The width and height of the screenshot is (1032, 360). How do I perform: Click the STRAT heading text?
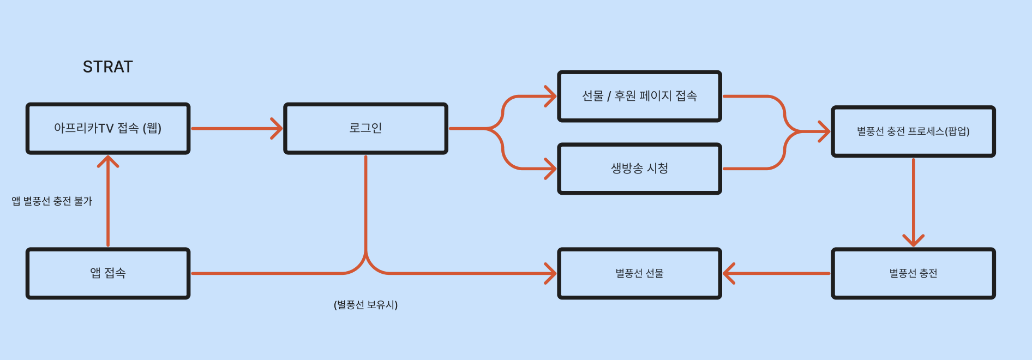[107, 67]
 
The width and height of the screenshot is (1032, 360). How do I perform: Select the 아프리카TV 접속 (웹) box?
[108, 129]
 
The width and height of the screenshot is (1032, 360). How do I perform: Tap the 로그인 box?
[365, 129]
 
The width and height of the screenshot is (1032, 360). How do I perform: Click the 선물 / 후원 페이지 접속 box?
[639, 97]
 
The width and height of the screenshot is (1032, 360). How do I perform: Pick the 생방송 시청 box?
[639, 169]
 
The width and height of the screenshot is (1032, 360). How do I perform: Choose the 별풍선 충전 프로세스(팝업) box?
[913, 131]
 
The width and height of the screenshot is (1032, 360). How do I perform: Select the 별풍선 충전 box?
[913, 273]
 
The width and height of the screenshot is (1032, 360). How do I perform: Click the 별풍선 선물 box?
[639, 273]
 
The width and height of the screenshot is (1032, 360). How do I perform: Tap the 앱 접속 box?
[108, 273]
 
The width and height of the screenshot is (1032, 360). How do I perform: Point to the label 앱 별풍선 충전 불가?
[52, 201]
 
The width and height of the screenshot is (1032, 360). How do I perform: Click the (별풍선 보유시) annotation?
[365, 305]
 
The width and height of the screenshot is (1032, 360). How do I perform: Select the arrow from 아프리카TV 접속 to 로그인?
[235, 129]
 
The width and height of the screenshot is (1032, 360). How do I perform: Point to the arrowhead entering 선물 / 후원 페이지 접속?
[551, 97]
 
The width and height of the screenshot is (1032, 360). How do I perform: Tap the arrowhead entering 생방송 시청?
[551, 169]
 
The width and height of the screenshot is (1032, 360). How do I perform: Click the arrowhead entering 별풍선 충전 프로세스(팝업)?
[825, 131]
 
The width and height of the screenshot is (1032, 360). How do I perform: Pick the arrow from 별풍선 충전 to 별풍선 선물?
[780, 273]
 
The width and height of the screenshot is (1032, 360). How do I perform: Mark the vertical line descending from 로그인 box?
[365, 202]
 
